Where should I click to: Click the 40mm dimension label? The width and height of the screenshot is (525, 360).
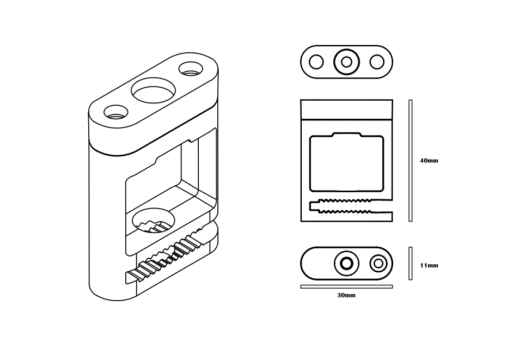pyautogui.click(x=429, y=161)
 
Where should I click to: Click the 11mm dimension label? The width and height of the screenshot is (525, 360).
pyautogui.click(x=429, y=265)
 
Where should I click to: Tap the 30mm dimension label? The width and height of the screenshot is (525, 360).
pyautogui.click(x=346, y=295)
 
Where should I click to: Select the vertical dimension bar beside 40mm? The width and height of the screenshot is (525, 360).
pyautogui.click(x=411, y=160)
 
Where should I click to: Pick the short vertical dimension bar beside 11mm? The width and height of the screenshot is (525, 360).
pyautogui.click(x=411, y=264)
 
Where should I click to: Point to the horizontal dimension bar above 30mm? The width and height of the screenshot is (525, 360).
pyautogui.click(x=346, y=286)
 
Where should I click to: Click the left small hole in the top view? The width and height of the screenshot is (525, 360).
pyautogui.click(x=316, y=62)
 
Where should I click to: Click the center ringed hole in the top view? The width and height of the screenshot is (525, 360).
pyautogui.click(x=346, y=62)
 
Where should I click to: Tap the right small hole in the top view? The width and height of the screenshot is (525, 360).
pyautogui.click(x=377, y=62)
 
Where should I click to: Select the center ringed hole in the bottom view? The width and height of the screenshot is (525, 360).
pyautogui.click(x=346, y=264)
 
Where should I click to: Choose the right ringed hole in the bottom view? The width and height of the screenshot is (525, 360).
pyautogui.click(x=379, y=264)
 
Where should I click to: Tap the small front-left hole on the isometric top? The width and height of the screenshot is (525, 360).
pyautogui.click(x=115, y=113)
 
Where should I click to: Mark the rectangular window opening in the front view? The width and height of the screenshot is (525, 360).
pyautogui.click(x=346, y=163)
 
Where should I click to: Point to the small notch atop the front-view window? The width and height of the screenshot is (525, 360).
pyautogui.click(x=346, y=135)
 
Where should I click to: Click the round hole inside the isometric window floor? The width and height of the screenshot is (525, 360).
pyautogui.click(x=154, y=219)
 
